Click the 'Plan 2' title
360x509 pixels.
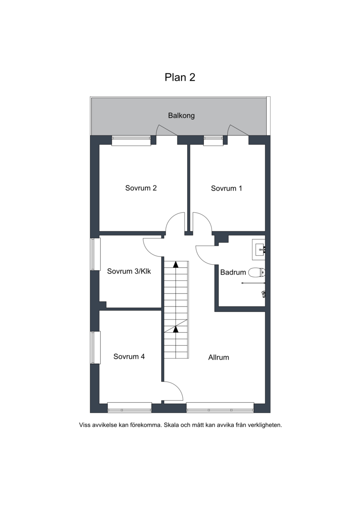(180, 77)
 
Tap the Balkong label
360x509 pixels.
(181, 116)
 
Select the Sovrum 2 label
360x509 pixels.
(141, 188)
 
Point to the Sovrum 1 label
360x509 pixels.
(226, 188)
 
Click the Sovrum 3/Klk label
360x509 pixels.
(129, 271)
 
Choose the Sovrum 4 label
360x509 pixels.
(129, 356)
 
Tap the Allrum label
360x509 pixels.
(218, 357)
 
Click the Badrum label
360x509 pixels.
(233, 272)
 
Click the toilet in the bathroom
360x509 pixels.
(256, 272)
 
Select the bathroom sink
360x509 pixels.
(259, 250)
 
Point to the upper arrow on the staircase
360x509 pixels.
(175, 264)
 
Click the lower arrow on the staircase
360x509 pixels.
(175, 329)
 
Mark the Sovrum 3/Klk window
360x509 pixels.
(95, 255)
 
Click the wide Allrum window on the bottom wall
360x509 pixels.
(220, 408)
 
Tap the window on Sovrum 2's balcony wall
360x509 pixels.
(131, 140)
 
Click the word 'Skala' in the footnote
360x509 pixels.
(171, 425)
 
